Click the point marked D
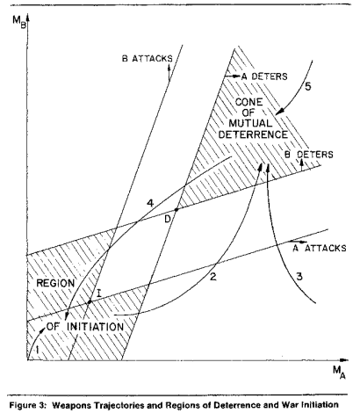[176, 210]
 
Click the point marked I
[90, 301]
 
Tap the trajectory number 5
[308, 87]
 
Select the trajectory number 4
[150, 203]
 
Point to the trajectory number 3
[299, 276]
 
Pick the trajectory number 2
[213, 276]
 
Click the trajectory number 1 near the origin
[37, 349]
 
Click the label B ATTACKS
[148, 59]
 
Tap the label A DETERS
[264, 76]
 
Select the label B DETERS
[309, 155]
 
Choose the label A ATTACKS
[320, 248]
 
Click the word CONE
[249, 102]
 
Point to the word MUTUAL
[250, 123]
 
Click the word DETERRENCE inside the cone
[254, 134]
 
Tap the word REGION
[55, 283]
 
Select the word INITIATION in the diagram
[95, 327]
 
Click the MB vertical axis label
[19, 21]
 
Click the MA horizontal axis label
[339, 373]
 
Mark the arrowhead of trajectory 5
[279, 112]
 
